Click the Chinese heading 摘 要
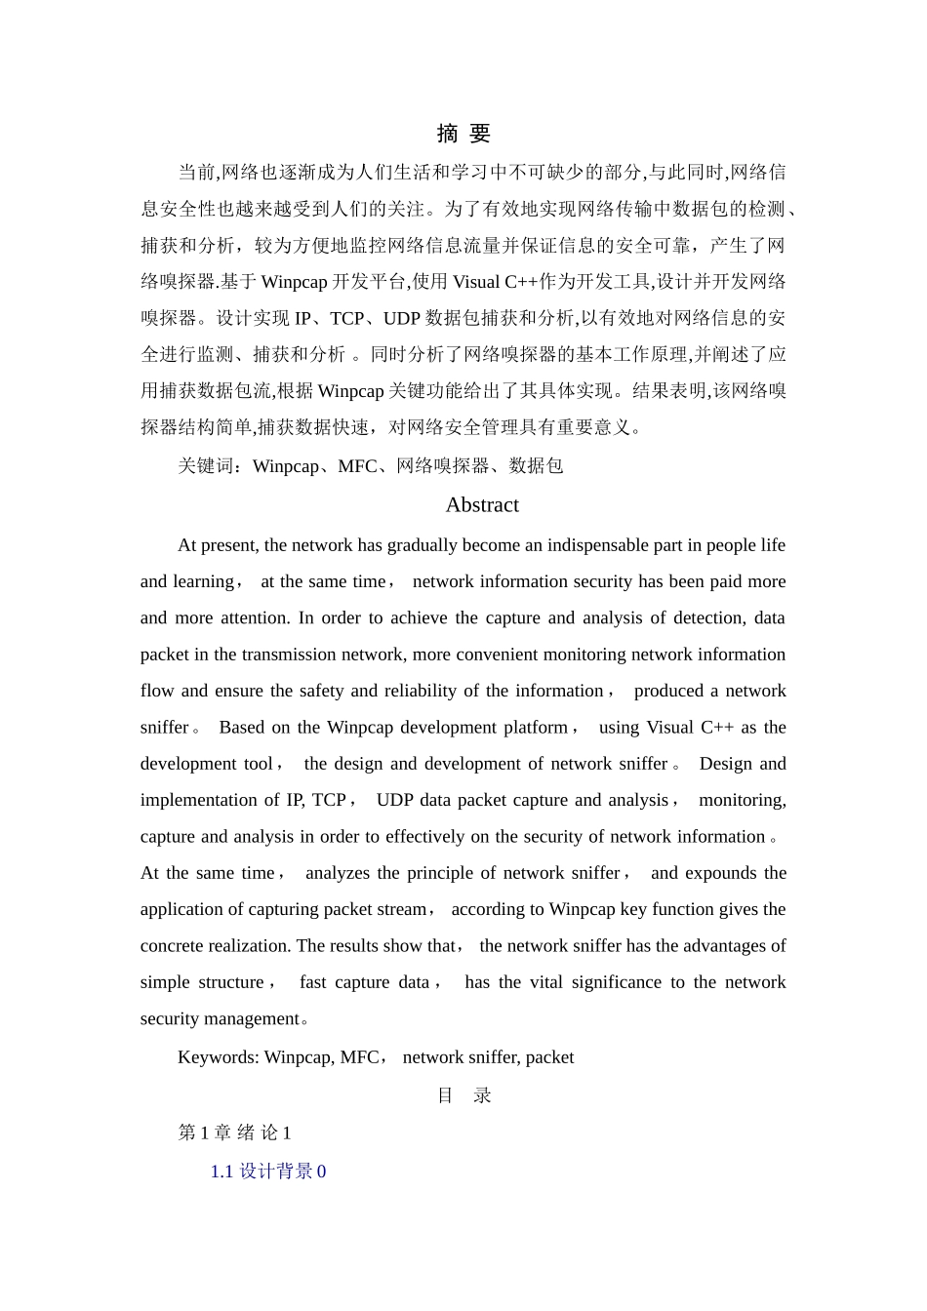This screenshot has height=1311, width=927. click(x=463, y=134)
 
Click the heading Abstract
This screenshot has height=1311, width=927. click(x=482, y=504)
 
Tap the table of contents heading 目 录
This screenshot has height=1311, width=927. click(x=463, y=1095)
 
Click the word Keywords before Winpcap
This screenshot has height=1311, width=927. click(x=218, y=1057)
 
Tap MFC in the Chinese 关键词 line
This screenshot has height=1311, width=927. click(x=357, y=466)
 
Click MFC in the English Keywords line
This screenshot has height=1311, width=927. click(x=359, y=1057)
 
